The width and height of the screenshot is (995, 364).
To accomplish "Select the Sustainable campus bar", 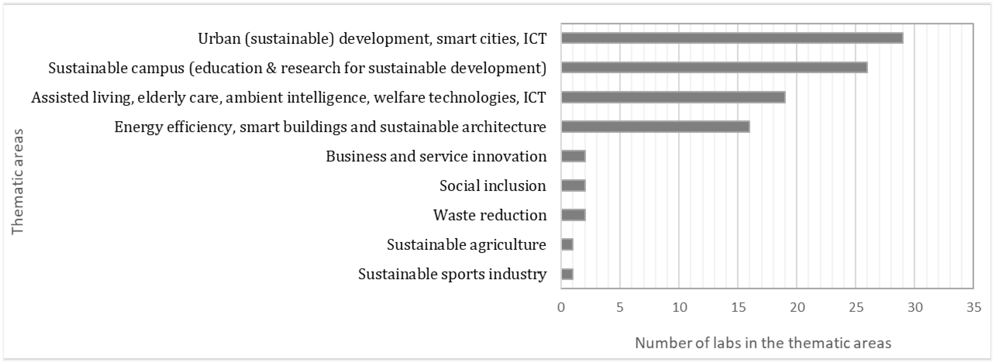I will tap(714, 68).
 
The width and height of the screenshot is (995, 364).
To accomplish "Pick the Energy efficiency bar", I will tap(655, 127).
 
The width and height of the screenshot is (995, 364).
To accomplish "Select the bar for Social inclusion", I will tap(573, 186).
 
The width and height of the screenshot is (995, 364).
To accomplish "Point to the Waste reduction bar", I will tap(573, 215).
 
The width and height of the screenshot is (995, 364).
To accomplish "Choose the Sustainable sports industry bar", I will tap(567, 274).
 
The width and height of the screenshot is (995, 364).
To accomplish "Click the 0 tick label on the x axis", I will tap(561, 307).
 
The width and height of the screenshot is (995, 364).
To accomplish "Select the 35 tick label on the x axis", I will tap(973, 307).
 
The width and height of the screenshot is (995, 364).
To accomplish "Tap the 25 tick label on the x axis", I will tap(856, 307).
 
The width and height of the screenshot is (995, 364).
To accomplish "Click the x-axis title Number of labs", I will tap(763, 343).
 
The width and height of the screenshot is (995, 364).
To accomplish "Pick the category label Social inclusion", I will tap(492, 186).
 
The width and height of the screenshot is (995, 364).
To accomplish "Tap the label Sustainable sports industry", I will tap(452, 274).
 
